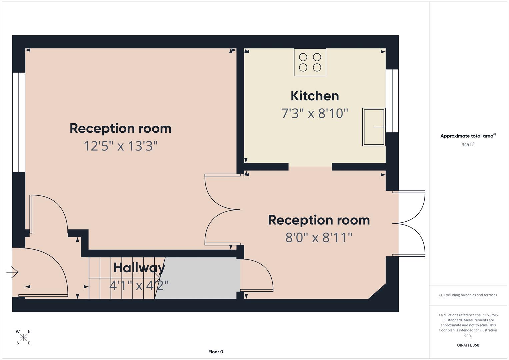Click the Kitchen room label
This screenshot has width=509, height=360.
315,96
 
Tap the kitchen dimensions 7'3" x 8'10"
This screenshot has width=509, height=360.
315,114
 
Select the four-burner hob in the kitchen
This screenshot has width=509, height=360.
310,62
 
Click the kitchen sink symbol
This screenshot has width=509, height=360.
374,127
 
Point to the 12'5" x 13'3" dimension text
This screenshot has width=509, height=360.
120,146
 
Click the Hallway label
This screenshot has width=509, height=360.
139,268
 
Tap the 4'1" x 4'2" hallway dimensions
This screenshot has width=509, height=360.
139,285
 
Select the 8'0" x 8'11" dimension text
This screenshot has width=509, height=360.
319,238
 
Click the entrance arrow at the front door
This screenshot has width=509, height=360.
12,272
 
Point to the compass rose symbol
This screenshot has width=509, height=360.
23,337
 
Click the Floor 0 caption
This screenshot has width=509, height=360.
216,352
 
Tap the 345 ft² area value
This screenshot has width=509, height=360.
468,145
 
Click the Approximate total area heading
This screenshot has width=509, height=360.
468,136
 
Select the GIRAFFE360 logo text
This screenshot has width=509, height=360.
468,345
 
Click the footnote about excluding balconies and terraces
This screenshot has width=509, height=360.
468,295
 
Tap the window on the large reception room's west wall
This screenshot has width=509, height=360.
19,122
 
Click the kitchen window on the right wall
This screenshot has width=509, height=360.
392,101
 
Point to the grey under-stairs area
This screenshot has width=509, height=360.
200,278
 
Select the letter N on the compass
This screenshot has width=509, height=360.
29,332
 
